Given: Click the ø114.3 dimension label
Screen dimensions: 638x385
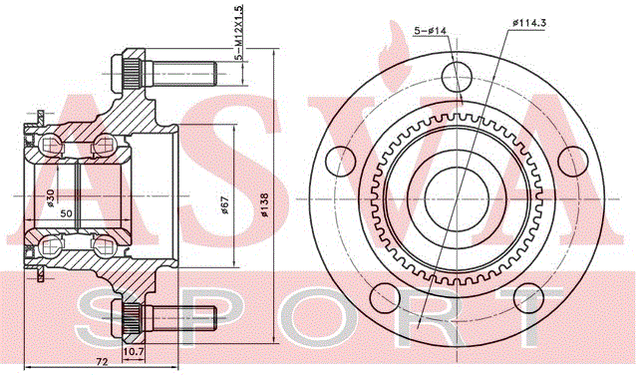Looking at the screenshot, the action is [529, 23].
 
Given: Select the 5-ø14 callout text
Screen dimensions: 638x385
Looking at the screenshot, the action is [430, 30].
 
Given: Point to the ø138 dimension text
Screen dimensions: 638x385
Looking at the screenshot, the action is [264, 204].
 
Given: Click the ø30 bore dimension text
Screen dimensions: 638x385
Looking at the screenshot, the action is [50, 197].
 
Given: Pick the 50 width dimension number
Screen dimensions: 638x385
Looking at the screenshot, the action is [66, 213].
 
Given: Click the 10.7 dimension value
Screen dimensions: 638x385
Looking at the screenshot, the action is [134, 350].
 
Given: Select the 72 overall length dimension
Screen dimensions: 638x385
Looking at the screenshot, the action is [102, 361].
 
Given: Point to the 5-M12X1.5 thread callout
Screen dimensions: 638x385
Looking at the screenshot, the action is [239, 33].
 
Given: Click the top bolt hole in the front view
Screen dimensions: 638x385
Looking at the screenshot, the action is [457, 77].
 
